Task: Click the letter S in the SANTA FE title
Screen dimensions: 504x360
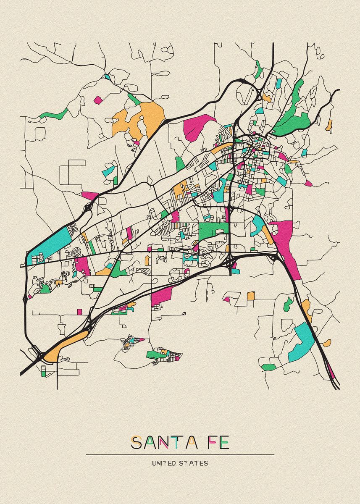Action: (x=136, y=443)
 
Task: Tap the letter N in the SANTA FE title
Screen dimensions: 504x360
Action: (x=164, y=443)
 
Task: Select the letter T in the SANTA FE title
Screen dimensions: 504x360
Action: (x=178, y=443)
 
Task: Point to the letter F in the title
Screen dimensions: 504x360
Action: (x=210, y=443)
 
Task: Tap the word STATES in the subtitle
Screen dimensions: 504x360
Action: (x=195, y=464)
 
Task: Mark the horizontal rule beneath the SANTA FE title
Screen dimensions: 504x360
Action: (x=180, y=454)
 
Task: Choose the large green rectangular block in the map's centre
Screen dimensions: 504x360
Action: (x=213, y=230)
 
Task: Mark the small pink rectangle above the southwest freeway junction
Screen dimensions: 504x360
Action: (x=80, y=311)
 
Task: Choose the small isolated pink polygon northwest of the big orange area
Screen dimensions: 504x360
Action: (x=98, y=100)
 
